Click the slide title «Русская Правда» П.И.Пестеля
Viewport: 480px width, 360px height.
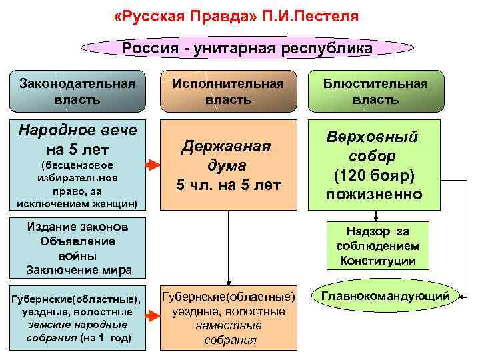[x=236, y=15]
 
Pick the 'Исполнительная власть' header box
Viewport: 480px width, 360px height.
[x=228, y=92]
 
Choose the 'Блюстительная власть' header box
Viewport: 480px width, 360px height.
[x=375, y=92]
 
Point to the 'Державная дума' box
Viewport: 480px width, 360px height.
[x=228, y=165]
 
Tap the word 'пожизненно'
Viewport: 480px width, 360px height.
[x=373, y=194]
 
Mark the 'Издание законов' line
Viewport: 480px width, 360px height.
[x=78, y=227]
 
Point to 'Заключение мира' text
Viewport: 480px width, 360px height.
[x=78, y=270]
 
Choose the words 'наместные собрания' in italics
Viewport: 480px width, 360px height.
[x=228, y=333]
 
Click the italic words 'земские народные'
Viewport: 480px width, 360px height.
[x=78, y=324]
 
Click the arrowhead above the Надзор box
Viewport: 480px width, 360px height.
[x=377, y=216]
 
